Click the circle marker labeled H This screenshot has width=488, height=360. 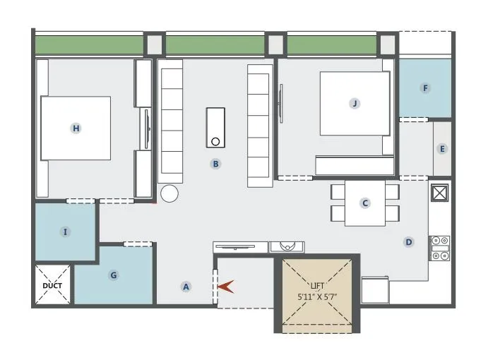[x=76, y=128]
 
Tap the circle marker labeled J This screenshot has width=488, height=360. [x=355, y=103]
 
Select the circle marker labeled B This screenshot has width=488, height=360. [x=216, y=164]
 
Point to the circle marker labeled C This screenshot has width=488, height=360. [x=365, y=203]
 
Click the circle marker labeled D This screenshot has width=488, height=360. [x=408, y=242]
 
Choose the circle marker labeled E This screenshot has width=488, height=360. [x=442, y=149]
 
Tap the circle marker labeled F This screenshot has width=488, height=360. [x=424, y=88]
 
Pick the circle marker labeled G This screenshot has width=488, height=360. [x=113, y=275]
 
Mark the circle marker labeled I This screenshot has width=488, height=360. [x=65, y=232]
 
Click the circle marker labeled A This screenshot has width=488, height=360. [x=186, y=287]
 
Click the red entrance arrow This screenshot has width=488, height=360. [x=227, y=287]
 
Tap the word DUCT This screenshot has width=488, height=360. [x=52, y=286]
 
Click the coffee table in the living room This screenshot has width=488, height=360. [x=215, y=128]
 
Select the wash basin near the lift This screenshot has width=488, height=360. [x=287, y=246]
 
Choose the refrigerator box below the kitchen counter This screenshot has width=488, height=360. [x=375, y=289]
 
